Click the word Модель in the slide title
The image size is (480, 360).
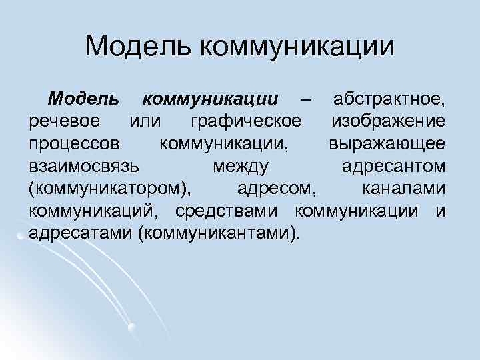pos(138,46)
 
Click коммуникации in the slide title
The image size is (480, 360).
pos(296,47)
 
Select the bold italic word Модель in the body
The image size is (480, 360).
pos(84,99)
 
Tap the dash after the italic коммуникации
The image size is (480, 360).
pos(305,100)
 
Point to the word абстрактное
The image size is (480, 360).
pos(389,99)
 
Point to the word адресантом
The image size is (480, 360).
pos(393,167)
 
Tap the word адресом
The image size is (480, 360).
pos(273,189)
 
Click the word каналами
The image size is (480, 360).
pos(403,189)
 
